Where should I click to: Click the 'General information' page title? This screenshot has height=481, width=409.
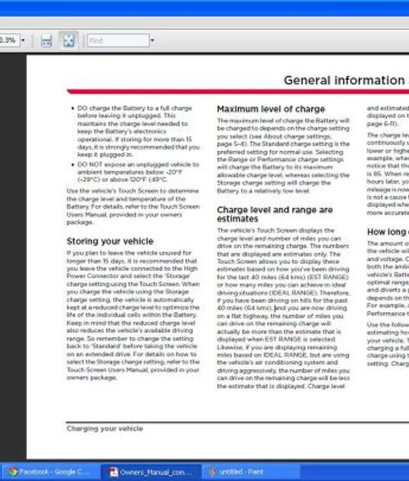(x=344, y=80)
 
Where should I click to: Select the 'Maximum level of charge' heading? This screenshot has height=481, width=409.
(x=270, y=109)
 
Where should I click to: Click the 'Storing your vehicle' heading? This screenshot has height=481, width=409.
(x=110, y=241)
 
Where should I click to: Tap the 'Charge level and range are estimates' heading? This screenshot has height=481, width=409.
(x=274, y=214)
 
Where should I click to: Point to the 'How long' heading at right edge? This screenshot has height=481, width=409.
(x=387, y=232)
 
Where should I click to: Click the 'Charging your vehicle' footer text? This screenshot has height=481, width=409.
(x=105, y=429)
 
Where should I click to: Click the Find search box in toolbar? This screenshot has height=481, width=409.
(x=118, y=41)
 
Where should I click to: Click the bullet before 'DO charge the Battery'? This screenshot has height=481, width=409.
(x=72, y=108)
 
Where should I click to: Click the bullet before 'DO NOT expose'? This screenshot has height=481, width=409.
(x=72, y=165)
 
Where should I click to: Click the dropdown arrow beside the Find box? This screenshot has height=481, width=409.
(x=152, y=41)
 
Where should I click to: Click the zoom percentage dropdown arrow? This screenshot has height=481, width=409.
(x=23, y=41)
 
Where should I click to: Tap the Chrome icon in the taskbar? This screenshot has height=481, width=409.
(x=12, y=472)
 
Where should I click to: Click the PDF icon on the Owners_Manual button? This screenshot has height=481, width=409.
(x=113, y=472)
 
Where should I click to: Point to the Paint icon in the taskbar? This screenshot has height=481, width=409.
(x=212, y=472)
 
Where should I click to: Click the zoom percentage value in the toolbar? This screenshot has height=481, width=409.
(x=8, y=41)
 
